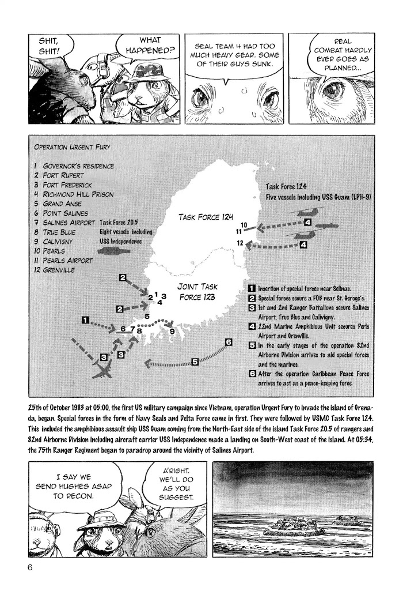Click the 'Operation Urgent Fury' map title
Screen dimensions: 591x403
[x=73, y=147]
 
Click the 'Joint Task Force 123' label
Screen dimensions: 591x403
[x=197, y=292]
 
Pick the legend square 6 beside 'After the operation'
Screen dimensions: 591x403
[x=252, y=374]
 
